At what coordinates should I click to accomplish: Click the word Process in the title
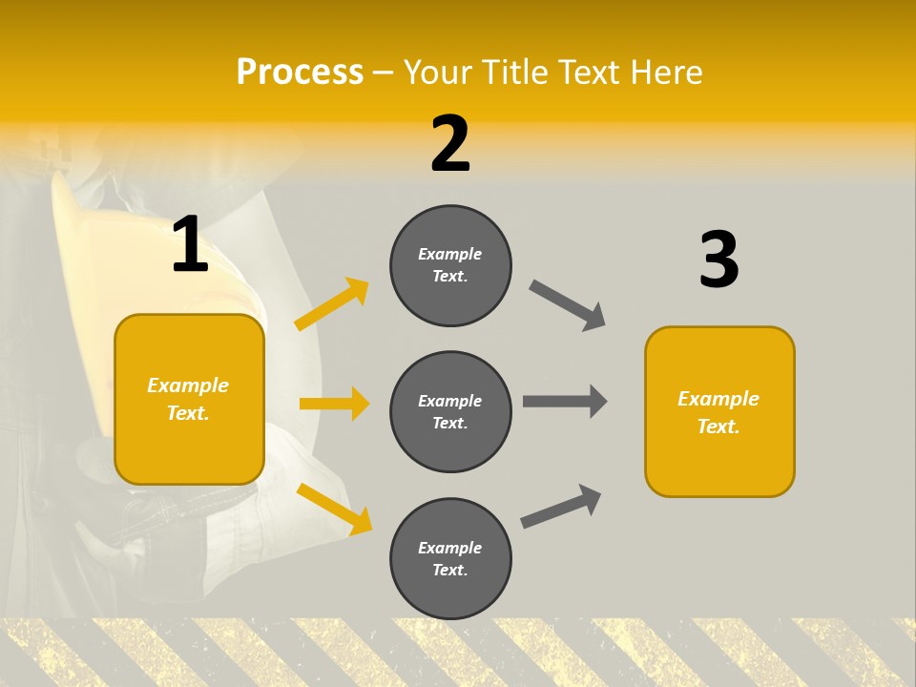coord(300,72)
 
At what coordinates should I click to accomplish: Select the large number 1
coord(190,245)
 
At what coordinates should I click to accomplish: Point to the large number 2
coord(450,144)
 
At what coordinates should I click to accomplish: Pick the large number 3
coord(718,260)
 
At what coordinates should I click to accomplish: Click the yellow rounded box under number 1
coord(189,399)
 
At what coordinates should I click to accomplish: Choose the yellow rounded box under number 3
coord(719,411)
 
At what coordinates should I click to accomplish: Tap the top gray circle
coord(450,265)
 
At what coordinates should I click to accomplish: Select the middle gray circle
coord(450,411)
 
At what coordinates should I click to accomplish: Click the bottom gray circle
coord(450,558)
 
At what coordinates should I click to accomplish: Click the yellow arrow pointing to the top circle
coord(332,303)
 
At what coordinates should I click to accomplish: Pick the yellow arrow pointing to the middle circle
coord(334,404)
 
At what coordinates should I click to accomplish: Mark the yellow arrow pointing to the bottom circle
coord(334,508)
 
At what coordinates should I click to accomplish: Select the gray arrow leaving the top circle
coord(567,304)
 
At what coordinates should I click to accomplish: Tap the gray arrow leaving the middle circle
coord(565,401)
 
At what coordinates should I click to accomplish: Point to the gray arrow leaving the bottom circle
coord(561,506)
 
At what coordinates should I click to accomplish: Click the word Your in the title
coord(436,72)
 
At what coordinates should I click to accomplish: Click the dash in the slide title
coord(383,73)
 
